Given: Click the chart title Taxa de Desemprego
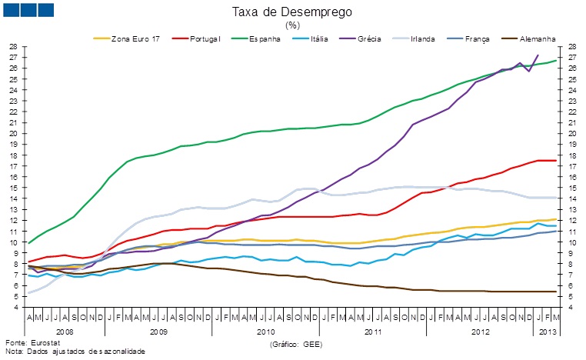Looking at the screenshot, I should pyautogui.click(x=292, y=12).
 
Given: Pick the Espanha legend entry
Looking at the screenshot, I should pyautogui.click(x=265, y=38).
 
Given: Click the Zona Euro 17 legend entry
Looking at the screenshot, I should pyautogui.click(x=135, y=38).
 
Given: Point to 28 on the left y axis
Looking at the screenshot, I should pyautogui.click(x=13, y=46).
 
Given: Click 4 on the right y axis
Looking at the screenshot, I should pyautogui.click(x=573, y=308).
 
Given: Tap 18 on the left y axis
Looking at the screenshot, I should pyautogui.click(x=13, y=155).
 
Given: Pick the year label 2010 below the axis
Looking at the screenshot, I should pyautogui.click(x=265, y=332).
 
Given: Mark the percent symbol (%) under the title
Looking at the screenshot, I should pyautogui.click(x=292, y=25).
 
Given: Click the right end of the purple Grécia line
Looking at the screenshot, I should pyautogui.click(x=538, y=55).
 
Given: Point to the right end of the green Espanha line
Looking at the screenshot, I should pyautogui.click(x=556, y=60).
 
